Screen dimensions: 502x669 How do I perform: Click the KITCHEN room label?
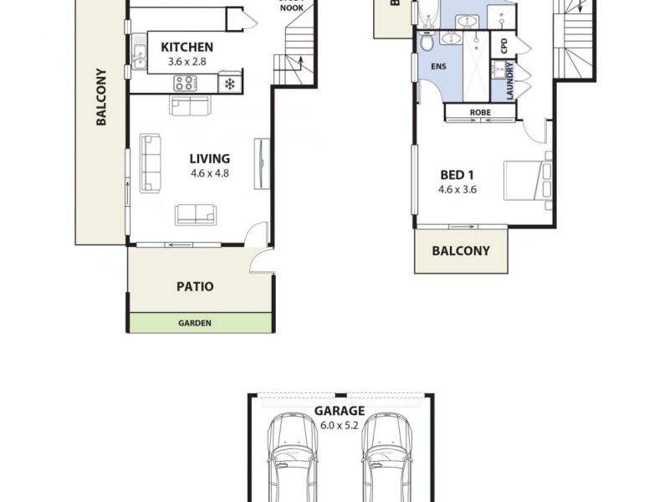pyautogui.click(x=186, y=48)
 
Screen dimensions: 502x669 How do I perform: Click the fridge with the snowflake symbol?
pyautogui.click(x=228, y=83)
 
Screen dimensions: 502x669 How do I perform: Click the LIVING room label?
pyautogui.click(x=209, y=158)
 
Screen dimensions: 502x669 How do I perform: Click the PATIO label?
pyautogui.click(x=195, y=286)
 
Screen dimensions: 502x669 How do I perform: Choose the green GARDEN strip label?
pyautogui.click(x=195, y=323)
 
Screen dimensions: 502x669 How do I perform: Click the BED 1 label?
pyautogui.click(x=457, y=175)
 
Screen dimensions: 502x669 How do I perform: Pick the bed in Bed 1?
pyautogui.click(x=525, y=180)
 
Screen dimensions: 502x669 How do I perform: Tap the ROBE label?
pyautogui.click(x=480, y=112)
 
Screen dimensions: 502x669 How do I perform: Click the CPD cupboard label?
pyautogui.click(x=504, y=46)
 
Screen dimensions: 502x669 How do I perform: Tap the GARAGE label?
pyautogui.click(x=339, y=411)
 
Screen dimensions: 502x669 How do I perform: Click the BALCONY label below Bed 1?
pyautogui.click(x=460, y=250)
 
